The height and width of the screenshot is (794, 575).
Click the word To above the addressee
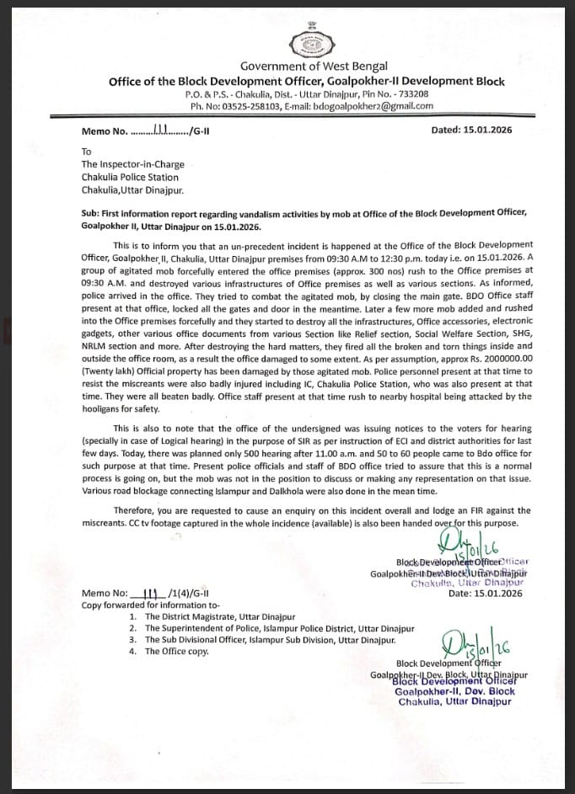click(86, 152)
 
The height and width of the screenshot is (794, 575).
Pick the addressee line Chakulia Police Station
click(130, 177)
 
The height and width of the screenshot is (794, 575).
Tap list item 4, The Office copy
click(176, 652)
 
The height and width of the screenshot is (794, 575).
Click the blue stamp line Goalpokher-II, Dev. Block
click(454, 691)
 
